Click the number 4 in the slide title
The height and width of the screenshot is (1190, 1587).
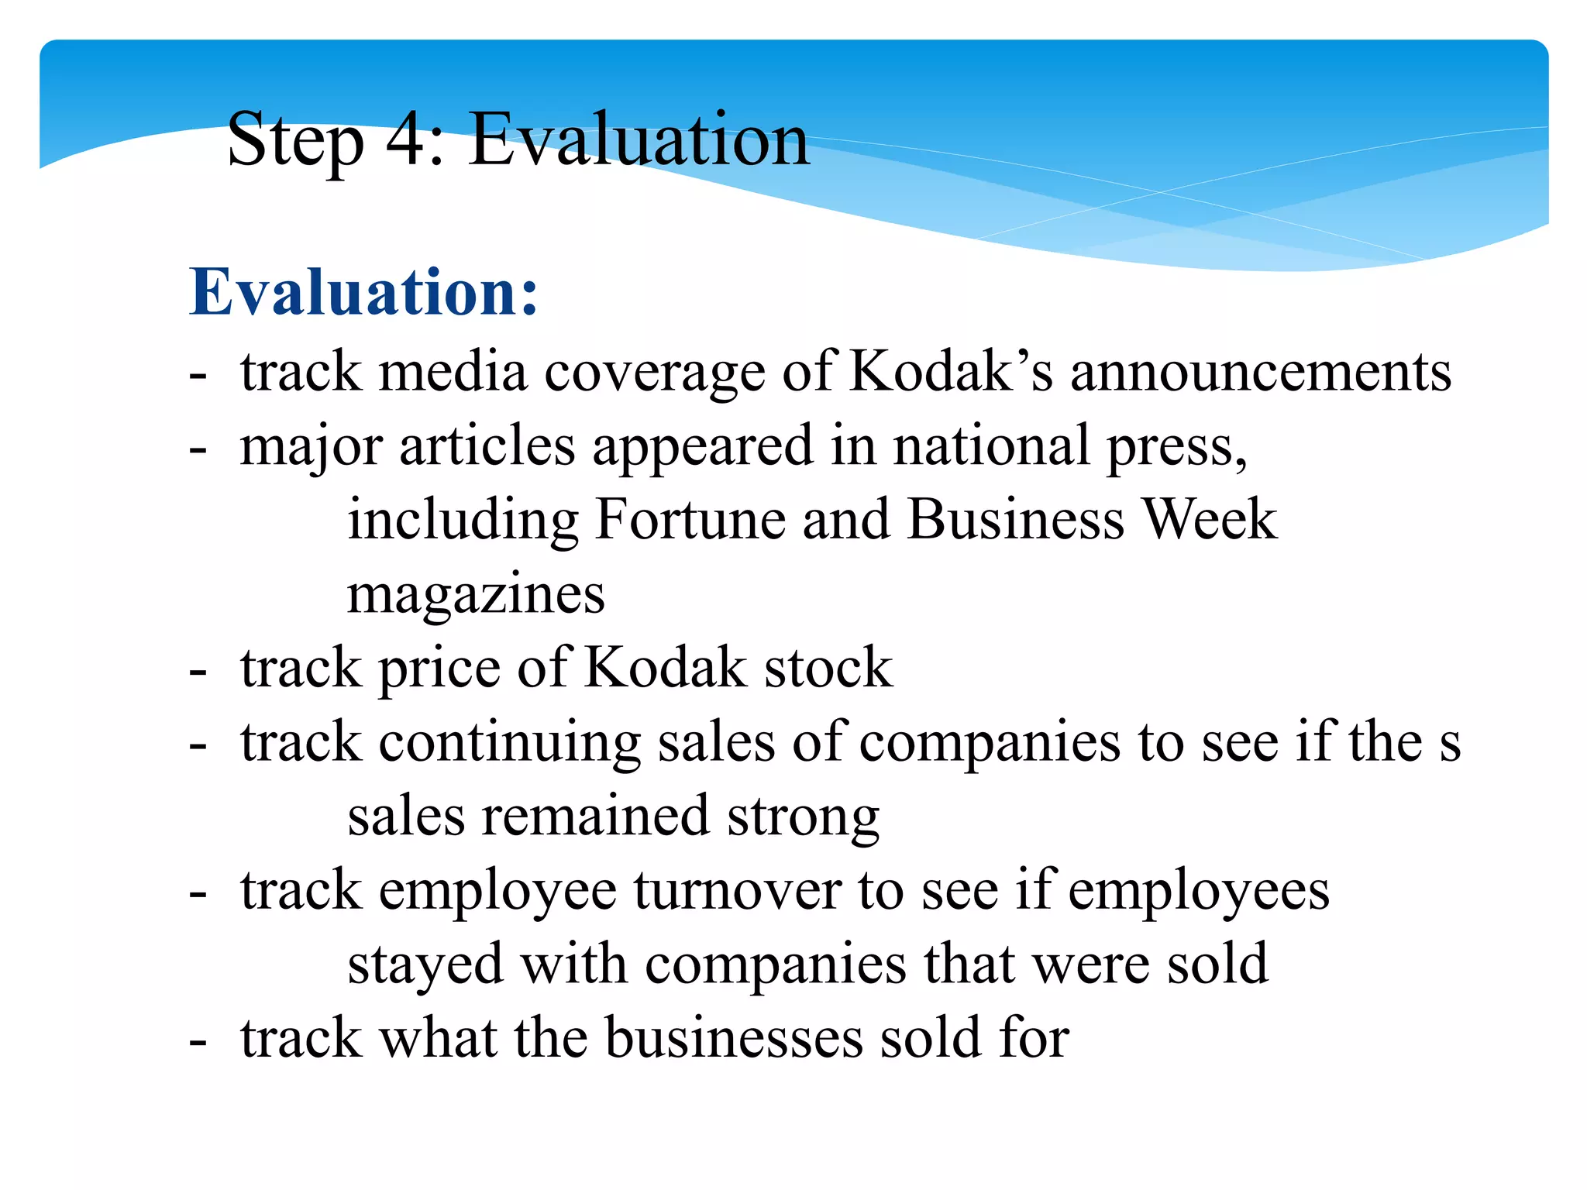(404, 139)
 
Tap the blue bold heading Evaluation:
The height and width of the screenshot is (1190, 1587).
(363, 293)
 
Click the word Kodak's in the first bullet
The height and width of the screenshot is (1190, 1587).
(951, 371)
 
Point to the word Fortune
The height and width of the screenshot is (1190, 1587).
(690, 519)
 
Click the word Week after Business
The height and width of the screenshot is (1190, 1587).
(1210, 519)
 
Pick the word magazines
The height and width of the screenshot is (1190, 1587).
(476, 595)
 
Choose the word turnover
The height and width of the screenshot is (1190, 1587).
(737, 890)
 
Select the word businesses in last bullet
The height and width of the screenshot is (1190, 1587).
(734, 1038)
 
